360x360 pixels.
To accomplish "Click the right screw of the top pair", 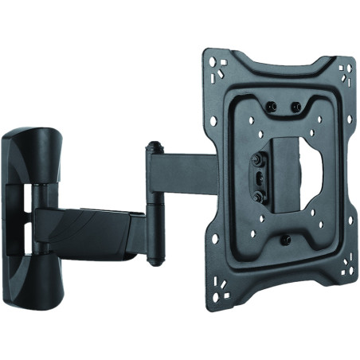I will pyautogui.click(x=296, y=105).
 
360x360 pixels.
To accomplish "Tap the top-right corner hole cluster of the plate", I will pyautogui.click(x=346, y=74).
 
